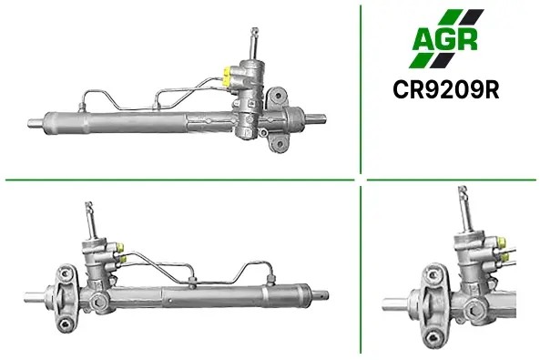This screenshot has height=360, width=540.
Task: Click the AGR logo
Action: click(x=446, y=38)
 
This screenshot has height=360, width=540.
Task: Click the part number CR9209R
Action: click(x=446, y=90)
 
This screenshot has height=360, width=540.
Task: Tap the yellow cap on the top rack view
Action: click(x=226, y=77)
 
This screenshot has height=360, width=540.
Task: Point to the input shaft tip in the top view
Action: click(x=255, y=31)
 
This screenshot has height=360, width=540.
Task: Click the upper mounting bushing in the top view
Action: click(x=279, y=96)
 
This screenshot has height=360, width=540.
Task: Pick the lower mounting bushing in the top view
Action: click(x=280, y=144)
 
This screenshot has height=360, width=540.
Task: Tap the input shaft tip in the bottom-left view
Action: click(x=89, y=205)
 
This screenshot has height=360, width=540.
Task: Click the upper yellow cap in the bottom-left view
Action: click(x=121, y=247)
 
